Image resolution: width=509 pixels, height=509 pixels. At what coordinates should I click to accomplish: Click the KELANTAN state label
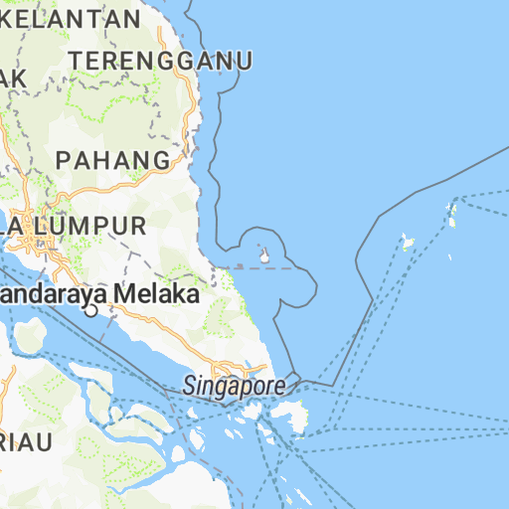72,18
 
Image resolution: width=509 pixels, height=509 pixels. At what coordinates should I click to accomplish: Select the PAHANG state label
113,159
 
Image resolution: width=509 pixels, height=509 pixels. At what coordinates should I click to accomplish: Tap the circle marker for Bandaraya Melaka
90,311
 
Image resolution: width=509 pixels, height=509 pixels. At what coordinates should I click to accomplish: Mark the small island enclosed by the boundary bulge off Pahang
265,255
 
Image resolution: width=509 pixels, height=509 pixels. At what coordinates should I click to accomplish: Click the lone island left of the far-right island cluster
406,241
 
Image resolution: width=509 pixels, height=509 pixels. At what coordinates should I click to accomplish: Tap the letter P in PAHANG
64,159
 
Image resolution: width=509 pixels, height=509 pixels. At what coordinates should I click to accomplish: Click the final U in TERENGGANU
243,61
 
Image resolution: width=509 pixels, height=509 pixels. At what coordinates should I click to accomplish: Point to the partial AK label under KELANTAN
12,78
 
